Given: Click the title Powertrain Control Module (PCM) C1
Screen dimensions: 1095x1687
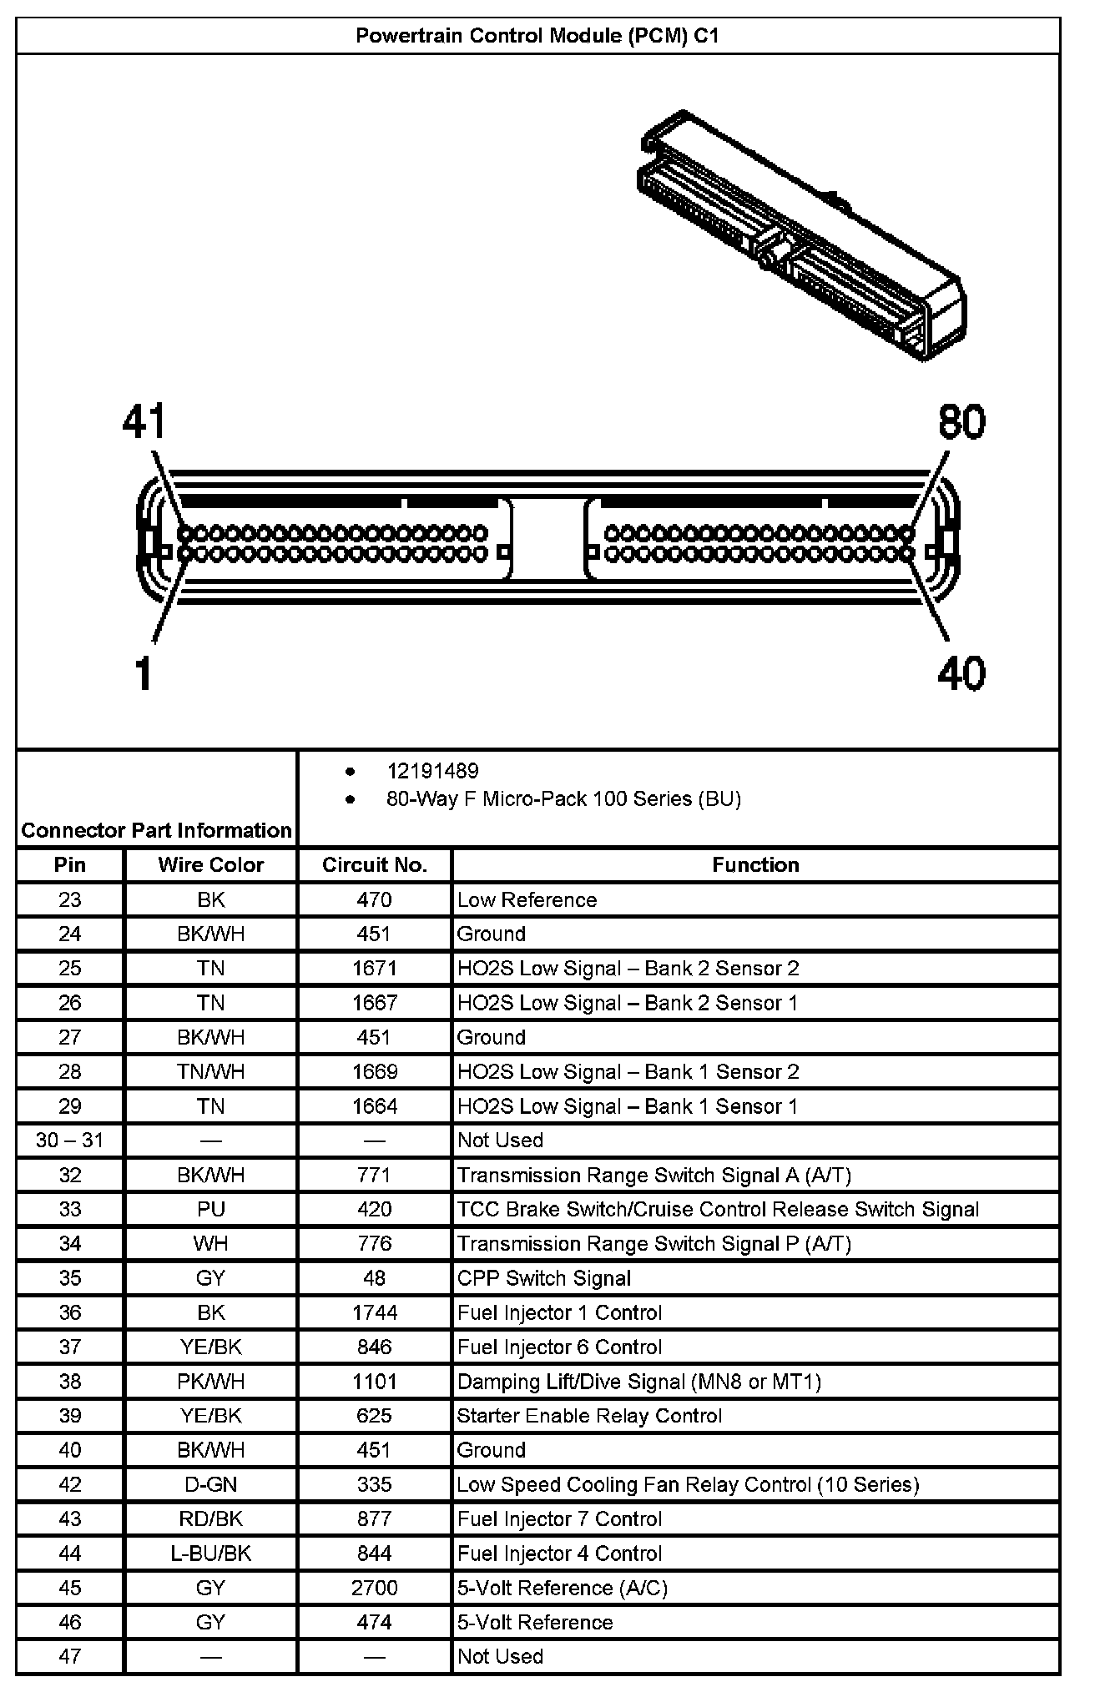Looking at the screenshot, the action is tap(537, 36).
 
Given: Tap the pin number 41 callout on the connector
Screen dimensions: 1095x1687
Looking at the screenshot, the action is tap(145, 422).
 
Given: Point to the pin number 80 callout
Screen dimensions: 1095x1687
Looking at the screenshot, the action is tap(961, 422).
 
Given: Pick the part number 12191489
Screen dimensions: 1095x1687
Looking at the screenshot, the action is tap(432, 771).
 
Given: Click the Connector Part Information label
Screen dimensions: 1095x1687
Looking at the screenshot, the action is tap(156, 830).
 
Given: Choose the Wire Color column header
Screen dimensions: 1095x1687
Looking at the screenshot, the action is tap(211, 865).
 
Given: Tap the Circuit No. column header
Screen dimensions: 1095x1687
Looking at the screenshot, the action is tap(375, 865).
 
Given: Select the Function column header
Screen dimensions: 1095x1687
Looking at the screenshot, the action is tap(755, 865).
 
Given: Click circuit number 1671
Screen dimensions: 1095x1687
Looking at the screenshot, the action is tap(375, 969).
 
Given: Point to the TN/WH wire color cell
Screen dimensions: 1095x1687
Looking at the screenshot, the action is tap(211, 1071).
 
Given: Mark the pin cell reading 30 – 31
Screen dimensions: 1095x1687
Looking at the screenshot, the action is tap(70, 1141).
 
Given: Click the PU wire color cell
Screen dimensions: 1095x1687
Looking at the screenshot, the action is tap(211, 1209).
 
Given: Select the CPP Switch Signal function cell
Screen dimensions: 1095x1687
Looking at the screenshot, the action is tap(544, 1278).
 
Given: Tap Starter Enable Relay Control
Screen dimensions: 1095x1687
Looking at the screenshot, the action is tap(589, 1416).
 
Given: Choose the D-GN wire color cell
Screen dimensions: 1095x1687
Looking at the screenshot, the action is tap(211, 1484).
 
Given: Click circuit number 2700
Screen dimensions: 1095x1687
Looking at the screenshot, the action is tap(375, 1588).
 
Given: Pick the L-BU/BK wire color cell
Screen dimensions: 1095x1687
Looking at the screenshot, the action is tap(211, 1554).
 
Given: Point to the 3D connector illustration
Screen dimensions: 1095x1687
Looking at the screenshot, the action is tap(801, 238).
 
